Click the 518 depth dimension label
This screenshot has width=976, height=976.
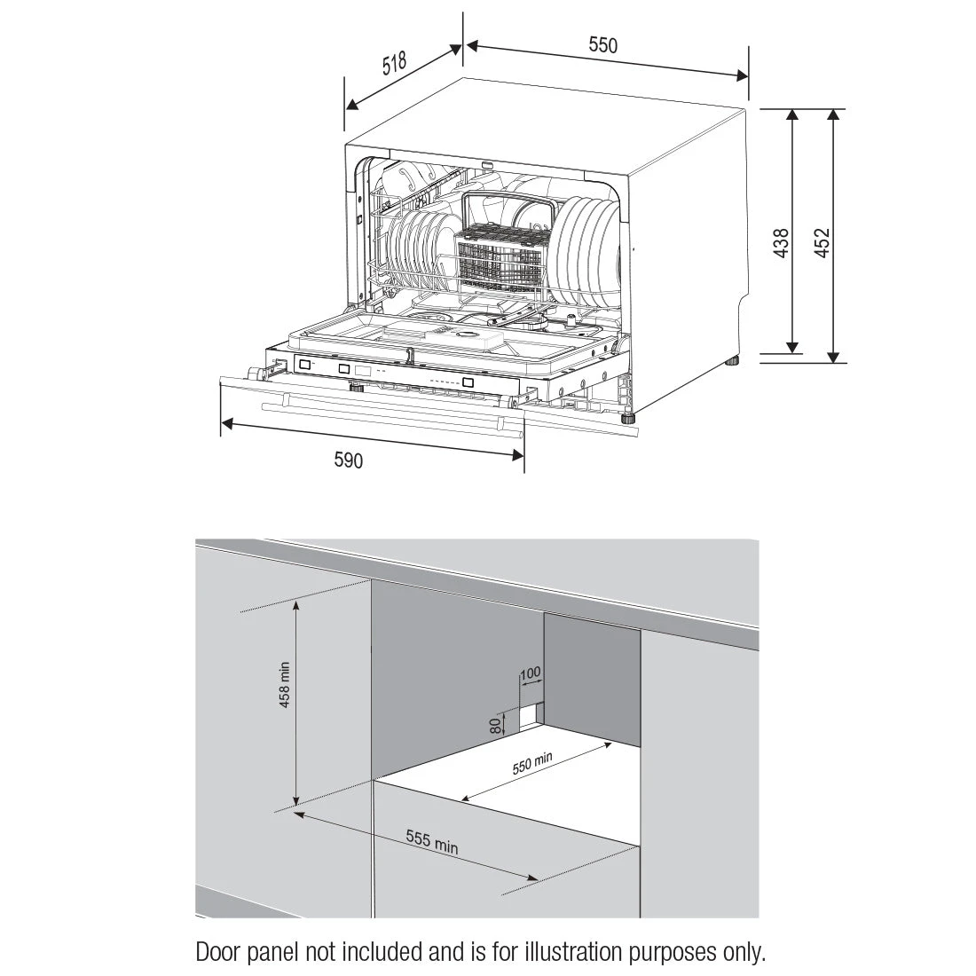tap(394, 65)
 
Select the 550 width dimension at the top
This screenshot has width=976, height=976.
tap(602, 45)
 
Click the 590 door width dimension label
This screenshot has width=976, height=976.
tap(349, 460)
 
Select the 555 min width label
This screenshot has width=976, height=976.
tap(432, 841)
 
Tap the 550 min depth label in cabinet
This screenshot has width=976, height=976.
tap(532, 763)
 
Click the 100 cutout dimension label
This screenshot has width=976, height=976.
tap(530, 673)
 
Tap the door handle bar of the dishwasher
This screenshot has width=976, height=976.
tap(390, 417)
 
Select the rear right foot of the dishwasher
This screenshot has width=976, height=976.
tap(734, 361)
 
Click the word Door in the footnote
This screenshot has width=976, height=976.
tap(216, 953)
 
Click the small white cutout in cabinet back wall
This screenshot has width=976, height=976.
tap(531, 712)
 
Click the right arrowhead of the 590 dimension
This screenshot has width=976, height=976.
tap(518, 454)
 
